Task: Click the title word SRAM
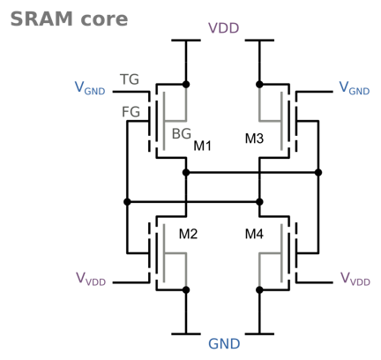pyautogui.click(x=41, y=19)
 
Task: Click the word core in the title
pyautogui.click(x=104, y=20)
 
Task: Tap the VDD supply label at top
pyautogui.click(x=223, y=28)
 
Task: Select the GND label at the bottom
pyautogui.click(x=224, y=343)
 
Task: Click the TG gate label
pyautogui.click(x=130, y=79)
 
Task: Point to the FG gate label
pyautogui.click(x=131, y=112)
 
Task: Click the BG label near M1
pyautogui.click(x=182, y=134)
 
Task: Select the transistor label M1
pyautogui.click(x=202, y=146)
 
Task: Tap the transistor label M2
pyautogui.click(x=188, y=234)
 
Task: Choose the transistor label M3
pyautogui.click(x=254, y=139)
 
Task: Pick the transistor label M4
pyautogui.click(x=254, y=234)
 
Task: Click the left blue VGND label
pyautogui.click(x=90, y=87)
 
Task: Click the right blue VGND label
pyautogui.click(x=355, y=87)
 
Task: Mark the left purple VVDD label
pyautogui.click(x=91, y=279)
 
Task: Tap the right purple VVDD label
pyautogui.click(x=355, y=279)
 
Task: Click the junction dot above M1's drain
pyautogui.click(x=186, y=85)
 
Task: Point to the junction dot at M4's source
pyautogui.click(x=259, y=290)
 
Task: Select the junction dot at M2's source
pyautogui.click(x=186, y=290)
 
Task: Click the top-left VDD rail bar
pyautogui.click(x=186, y=41)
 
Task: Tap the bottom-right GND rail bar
pyautogui.click(x=259, y=334)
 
